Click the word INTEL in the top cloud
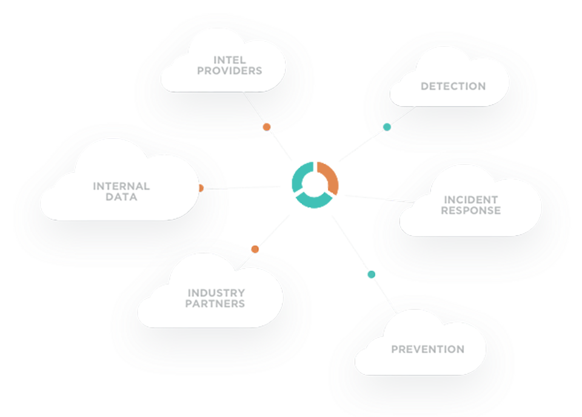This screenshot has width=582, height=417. point(230,59)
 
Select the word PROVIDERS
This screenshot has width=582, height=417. point(230,70)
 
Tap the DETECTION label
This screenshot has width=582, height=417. point(453,86)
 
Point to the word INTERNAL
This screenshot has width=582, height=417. point(121,186)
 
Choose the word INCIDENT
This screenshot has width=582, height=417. point(470,199)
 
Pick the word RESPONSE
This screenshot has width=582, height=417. point(470,210)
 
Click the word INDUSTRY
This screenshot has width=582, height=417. point(216,293)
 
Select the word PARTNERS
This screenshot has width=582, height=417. point(215,303)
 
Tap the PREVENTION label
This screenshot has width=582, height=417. point(427,349)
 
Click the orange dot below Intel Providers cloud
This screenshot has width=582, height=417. point(266,127)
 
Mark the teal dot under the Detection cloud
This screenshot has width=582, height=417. point(387,127)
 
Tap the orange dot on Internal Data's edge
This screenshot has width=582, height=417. point(201,188)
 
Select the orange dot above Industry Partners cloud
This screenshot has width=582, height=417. point(255,249)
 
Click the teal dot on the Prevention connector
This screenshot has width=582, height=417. point(372,274)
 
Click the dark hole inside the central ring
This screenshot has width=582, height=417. point(315,183)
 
